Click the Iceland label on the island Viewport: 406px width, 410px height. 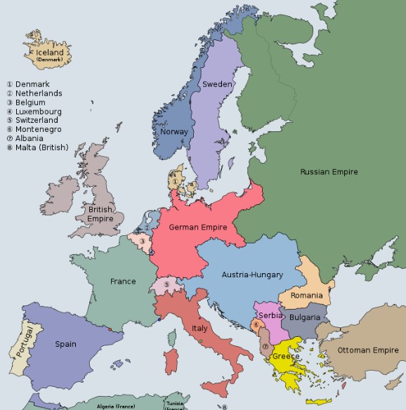51,53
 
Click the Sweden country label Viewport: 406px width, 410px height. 217,84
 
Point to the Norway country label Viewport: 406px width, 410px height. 173,131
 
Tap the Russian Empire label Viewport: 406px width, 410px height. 329,172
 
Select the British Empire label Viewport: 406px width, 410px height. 100,214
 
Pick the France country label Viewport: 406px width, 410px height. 123,282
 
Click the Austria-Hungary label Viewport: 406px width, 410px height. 252,275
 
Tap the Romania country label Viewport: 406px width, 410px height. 306,296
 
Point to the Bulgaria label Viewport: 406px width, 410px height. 303,317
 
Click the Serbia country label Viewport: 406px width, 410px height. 270,316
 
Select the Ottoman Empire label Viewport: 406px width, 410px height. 368,350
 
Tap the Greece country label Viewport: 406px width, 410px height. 286,356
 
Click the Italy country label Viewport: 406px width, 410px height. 199,328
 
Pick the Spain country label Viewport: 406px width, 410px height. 66,344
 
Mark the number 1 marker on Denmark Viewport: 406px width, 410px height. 174,182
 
